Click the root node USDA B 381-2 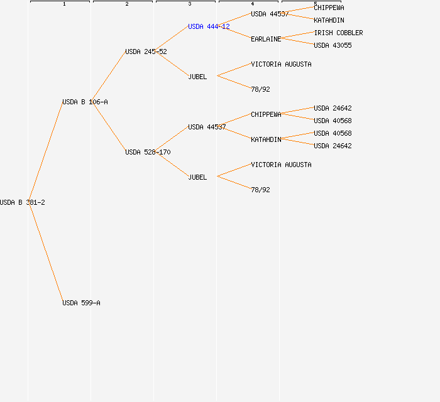[23, 202]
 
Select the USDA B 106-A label [85, 102]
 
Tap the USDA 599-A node [81, 303]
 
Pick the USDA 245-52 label [146, 52]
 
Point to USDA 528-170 [148, 152]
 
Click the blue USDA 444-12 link [209, 26]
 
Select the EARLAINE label [266, 39]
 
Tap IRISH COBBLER [338, 33]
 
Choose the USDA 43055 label [333, 45]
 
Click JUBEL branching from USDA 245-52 [197, 77]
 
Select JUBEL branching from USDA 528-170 [197, 178]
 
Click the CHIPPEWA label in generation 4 [266, 115]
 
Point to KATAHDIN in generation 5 [329, 21]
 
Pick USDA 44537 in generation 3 [207, 128]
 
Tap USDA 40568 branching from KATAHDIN [333, 133]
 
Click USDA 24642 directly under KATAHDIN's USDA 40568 [333, 146]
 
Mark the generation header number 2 [127, 4]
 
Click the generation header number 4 [253, 4]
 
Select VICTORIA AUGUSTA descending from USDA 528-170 [281, 165]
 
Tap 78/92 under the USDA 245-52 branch [260, 89]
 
